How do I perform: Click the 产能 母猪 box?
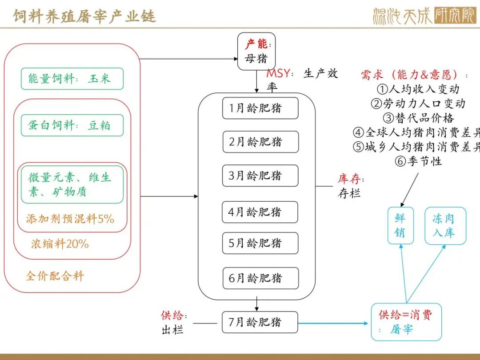[x=256, y=51]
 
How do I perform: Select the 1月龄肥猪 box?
[x=260, y=108]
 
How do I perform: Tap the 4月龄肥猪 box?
[x=260, y=212]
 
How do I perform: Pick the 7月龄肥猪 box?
[x=260, y=322]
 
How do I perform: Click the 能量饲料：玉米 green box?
[x=72, y=79]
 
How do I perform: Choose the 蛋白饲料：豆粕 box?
[x=72, y=125]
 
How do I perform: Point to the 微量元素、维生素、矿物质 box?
[x=72, y=184]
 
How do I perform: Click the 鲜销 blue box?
[x=401, y=226]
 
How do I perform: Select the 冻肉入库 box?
[x=445, y=226]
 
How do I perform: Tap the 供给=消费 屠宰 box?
[x=406, y=322]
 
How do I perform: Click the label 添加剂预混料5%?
[x=70, y=219]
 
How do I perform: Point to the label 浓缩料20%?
[x=60, y=244]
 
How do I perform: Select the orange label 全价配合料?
[x=55, y=276]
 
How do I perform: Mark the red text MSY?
[x=278, y=73]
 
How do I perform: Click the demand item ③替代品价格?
[x=418, y=118]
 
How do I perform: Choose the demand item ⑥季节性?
[x=418, y=161]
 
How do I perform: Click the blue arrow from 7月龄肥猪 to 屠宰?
[x=333, y=323]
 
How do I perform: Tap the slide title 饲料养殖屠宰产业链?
[x=84, y=16]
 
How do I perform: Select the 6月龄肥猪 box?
[x=260, y=278]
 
